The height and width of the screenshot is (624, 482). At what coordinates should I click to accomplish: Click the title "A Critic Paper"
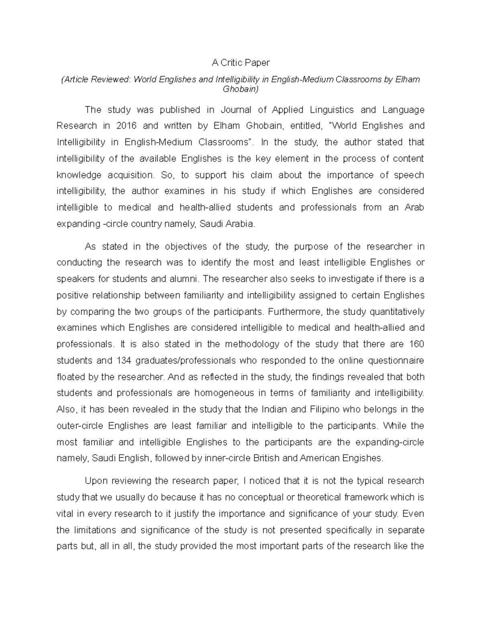pyautogui.click(x=241, y=63)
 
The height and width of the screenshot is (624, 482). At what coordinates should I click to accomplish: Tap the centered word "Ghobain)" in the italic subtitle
pyautogui.click(x=241, y=89)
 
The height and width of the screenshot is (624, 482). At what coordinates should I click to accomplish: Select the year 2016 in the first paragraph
pyautogui.click(x=126, y=126)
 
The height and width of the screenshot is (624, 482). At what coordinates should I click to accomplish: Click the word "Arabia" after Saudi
pyautogui.click(x=241, y=224)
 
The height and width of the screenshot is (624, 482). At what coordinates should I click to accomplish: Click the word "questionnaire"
pyautogui.click(x=393, y=361)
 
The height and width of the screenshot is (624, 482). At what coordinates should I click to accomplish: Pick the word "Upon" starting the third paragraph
pyautogui.click(x=95, y=481)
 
